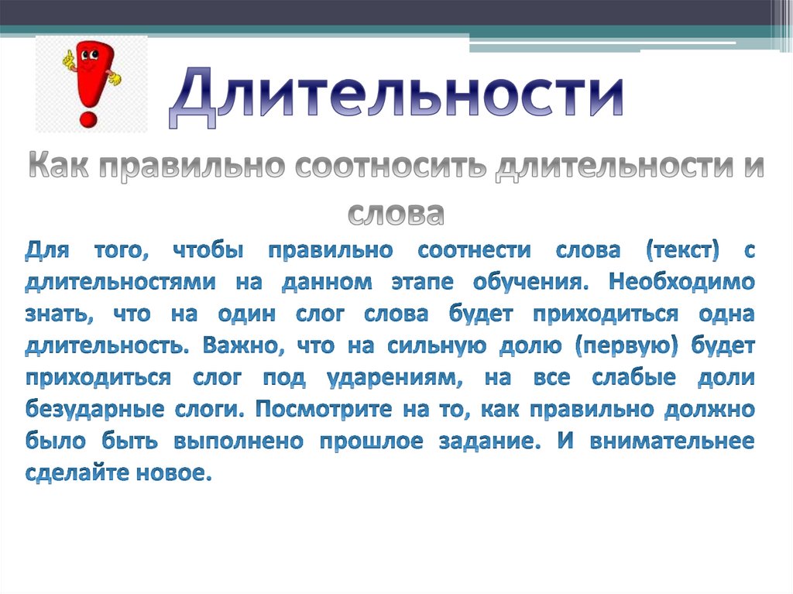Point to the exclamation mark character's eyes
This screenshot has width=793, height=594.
click(88, 57)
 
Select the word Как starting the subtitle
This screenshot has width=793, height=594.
click(59, 169)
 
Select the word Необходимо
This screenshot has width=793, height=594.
click(681, 283)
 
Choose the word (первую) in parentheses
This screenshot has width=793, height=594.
click(626, 347)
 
